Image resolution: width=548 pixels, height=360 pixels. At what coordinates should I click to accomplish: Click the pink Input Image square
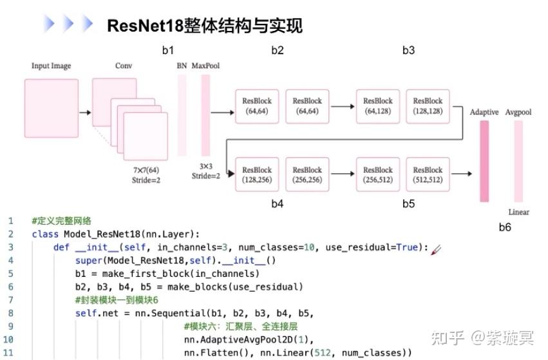pos(52,108)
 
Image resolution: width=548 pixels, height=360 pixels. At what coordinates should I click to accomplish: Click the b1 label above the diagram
pos(167,50)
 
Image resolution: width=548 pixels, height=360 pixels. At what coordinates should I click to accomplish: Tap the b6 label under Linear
pos(505,227)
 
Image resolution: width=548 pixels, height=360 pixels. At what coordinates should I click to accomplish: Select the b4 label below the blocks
pos(277,204)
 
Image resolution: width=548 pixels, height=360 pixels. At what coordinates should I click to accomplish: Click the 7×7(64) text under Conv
pos(146,170)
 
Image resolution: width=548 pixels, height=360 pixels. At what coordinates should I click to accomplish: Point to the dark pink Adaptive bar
pos(484,161)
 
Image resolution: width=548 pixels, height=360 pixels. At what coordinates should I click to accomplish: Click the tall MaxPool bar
pos(206,114)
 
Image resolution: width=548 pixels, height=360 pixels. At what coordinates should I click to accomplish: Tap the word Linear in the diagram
pos(518,212)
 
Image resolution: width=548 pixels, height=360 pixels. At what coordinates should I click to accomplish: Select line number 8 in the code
pos(10,314)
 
